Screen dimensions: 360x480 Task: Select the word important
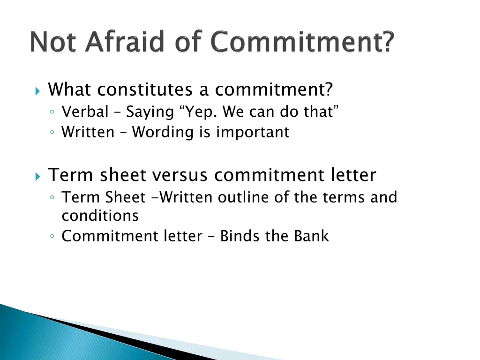coord(253,133)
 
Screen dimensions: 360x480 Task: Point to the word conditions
coord(100,216)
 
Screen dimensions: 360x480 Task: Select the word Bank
coord(312,236)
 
